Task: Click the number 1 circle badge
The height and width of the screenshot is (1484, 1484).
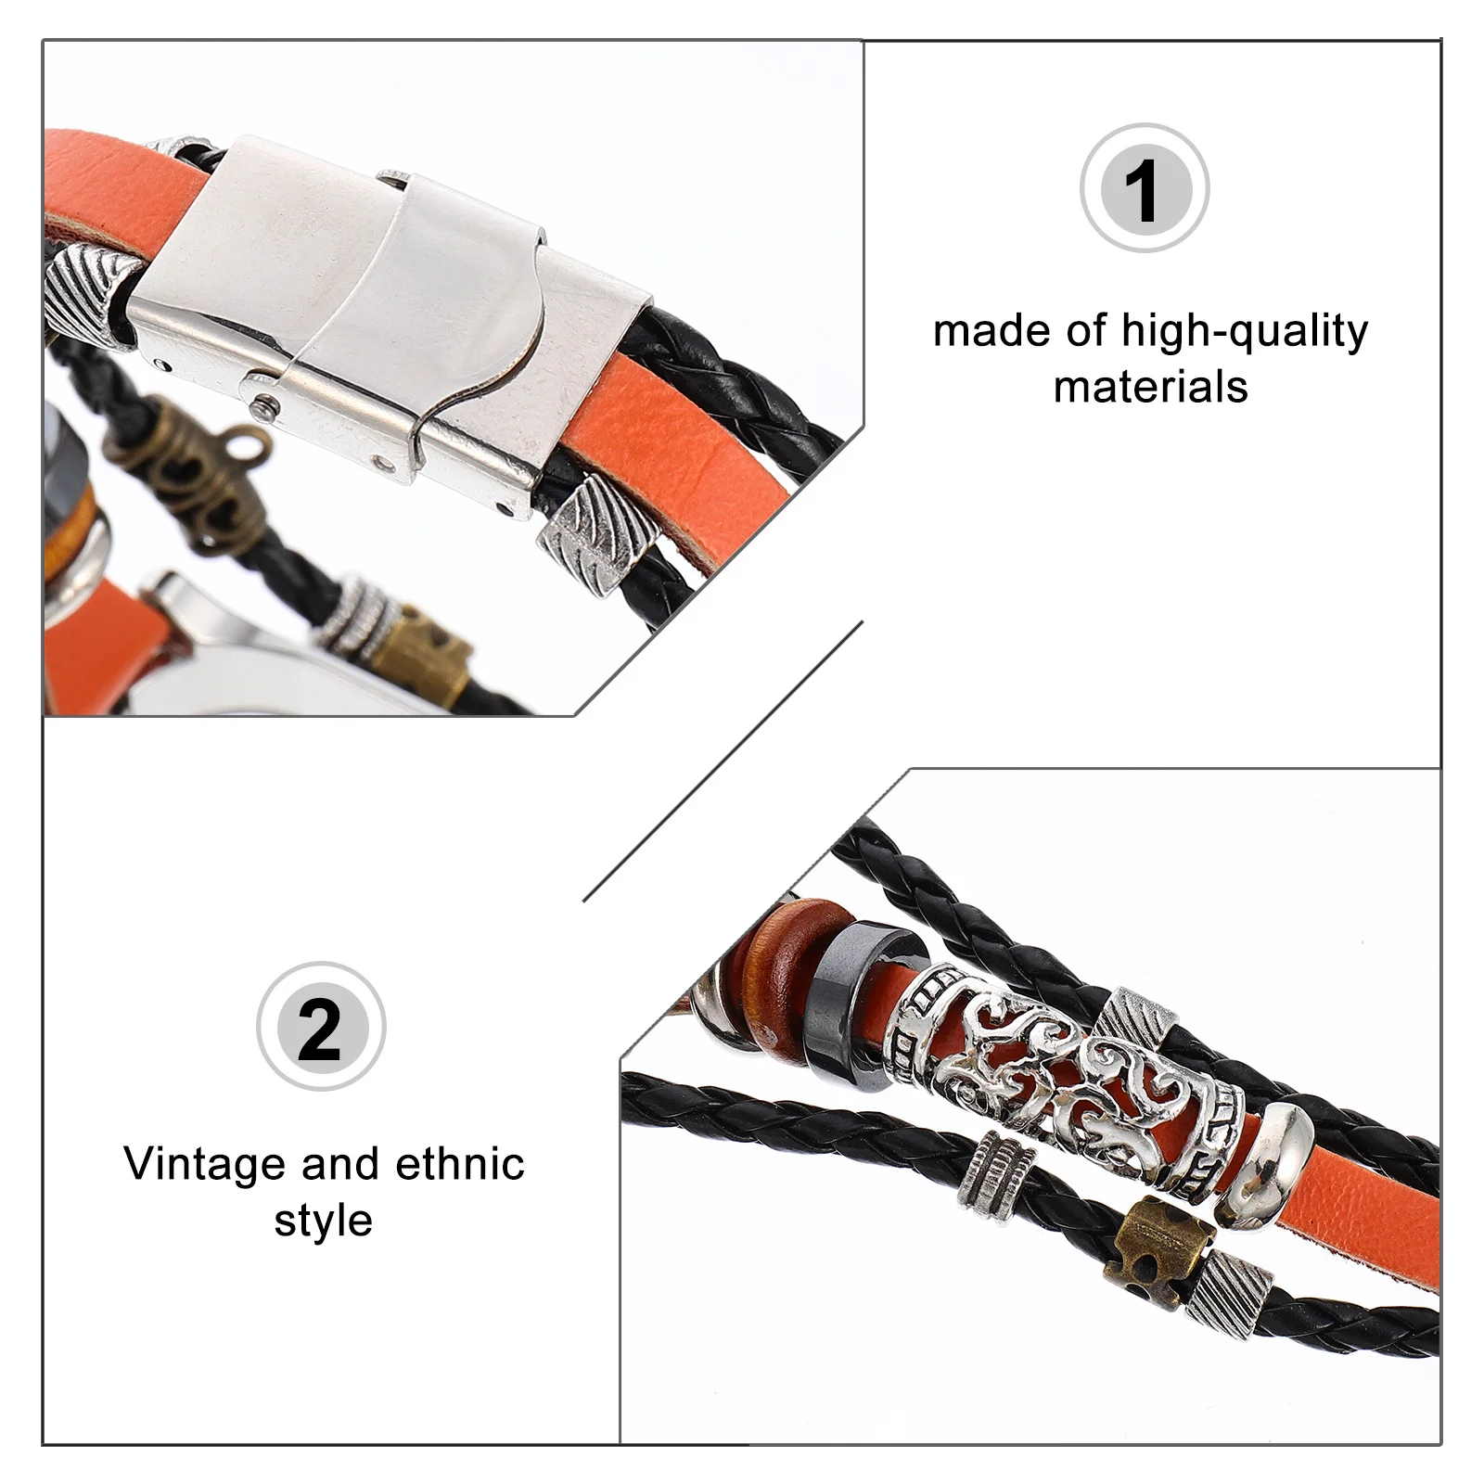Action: tap(1145, 188)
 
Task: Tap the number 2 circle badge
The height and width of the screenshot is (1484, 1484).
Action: tap(321, 1027)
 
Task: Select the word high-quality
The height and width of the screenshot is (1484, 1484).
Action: tap(1245, 331)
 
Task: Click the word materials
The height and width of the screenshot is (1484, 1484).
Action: tap(1150, 387)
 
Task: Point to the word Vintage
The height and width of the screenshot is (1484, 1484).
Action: tap(206, 1164)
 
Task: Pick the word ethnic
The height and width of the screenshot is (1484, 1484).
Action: tap(460, 1164)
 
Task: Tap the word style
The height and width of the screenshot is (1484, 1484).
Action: tap(323, 1221)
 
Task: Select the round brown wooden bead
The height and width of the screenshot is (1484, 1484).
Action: tap(787, 969)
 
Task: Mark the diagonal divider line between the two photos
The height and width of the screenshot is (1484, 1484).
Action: tap(723, 761)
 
